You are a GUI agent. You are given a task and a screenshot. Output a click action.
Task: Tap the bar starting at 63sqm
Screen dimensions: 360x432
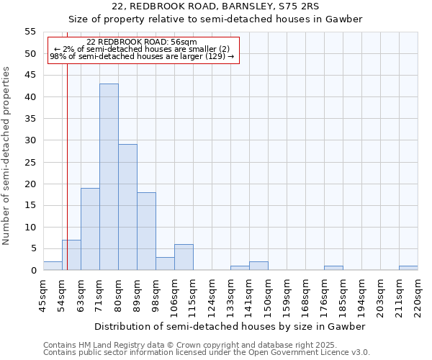[x=90, y=229]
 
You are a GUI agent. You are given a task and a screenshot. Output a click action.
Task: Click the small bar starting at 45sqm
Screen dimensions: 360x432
[x=53, y=266]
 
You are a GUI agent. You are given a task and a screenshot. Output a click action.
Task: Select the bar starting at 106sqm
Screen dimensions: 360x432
[x=184, y=257]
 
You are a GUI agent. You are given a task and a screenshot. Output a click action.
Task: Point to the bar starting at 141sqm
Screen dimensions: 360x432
[x=258, y=266]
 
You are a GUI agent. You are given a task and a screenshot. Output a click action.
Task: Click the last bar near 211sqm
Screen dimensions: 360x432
[x=408, y=268]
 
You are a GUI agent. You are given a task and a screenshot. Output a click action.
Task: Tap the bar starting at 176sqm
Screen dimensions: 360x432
[x=333, y=268]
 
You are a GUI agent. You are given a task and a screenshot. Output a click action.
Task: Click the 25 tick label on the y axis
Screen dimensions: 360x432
[x=30, y=162]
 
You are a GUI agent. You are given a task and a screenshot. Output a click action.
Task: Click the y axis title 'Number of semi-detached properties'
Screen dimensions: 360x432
[x=7, y=156]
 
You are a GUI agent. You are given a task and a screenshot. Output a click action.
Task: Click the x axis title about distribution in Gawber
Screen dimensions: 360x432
[x=230, y=326]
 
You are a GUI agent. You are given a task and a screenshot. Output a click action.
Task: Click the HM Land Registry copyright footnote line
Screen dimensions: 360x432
[x=184, y=345]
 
